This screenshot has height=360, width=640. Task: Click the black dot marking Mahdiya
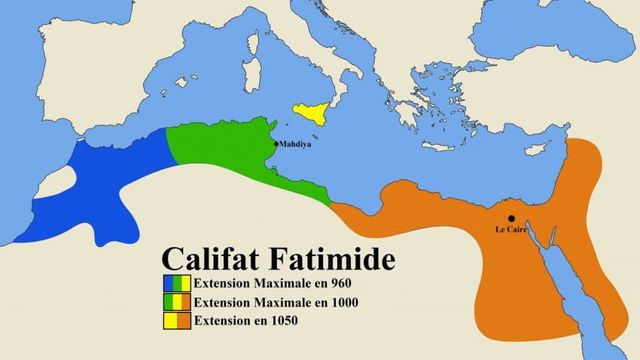[x=278, y=144]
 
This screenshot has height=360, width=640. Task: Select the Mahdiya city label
[x=298, y=144]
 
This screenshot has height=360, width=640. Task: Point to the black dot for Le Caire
[x=511, y=218]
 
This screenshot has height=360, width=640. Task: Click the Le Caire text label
[x=511, y=230]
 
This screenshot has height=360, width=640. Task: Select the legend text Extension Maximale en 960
[x=259, y=283]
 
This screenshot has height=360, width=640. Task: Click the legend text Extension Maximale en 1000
[x=262, y=302]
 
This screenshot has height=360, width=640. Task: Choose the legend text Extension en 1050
[x=244, y=321]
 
